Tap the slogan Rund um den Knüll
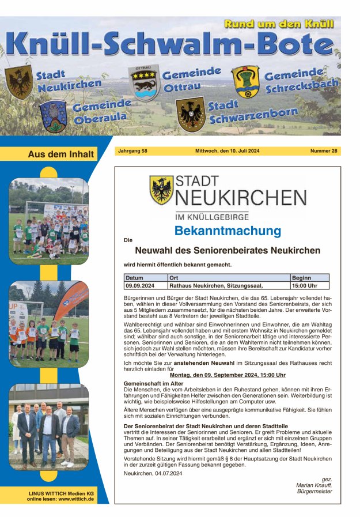(279, 24)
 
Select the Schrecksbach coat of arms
(245, 81)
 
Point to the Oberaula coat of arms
(54, 116)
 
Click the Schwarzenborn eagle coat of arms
(190, 114)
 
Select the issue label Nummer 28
(324, 151)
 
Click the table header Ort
(174, 278)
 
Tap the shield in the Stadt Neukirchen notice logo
(161, 190)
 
